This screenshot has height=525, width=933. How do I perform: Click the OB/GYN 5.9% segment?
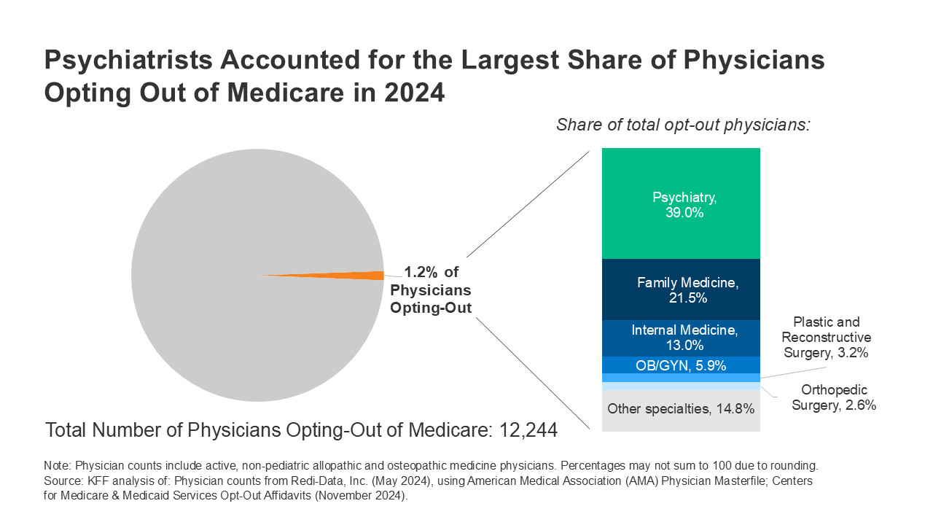click(681, 365)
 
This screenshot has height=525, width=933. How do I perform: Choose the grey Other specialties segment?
click(681, 409)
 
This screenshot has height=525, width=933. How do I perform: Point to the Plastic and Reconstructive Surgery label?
click(826, 338)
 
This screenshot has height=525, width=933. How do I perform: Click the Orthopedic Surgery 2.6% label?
click(834, 397)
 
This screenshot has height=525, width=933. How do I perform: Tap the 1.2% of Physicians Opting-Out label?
click(431, 290)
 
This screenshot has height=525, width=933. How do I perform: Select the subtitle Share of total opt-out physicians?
click(683, 125)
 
